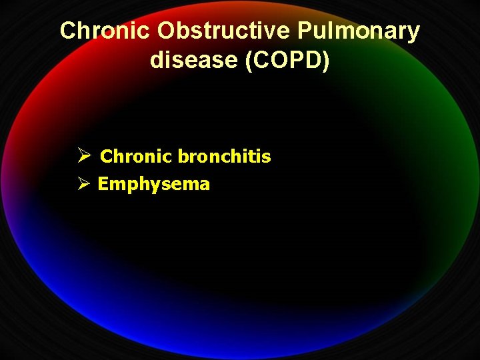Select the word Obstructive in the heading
[222, 31]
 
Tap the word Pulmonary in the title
[359, 31]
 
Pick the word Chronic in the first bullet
[136, 157]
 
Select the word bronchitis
[224, 157]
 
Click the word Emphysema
[153, 185]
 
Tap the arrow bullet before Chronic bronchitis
[83, 157]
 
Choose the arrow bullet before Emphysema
[83, 184]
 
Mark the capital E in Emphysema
[103, 185]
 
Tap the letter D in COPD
[315, 60]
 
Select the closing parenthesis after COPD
[326, 60]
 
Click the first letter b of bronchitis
[182, 157]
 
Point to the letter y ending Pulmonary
[414, 33]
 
